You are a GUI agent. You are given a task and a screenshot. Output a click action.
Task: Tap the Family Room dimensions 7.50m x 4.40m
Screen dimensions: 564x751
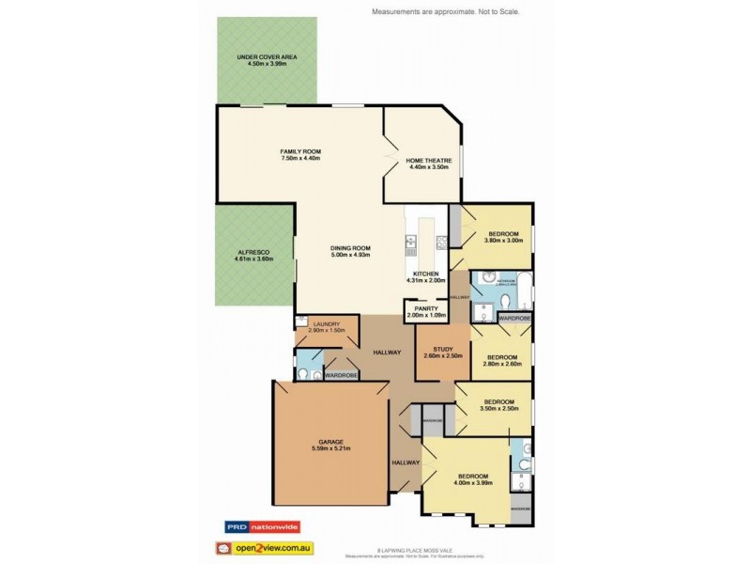300,159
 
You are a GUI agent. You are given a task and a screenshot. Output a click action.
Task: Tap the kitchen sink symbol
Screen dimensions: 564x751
410,243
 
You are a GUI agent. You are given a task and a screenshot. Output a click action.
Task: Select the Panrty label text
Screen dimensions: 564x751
421,307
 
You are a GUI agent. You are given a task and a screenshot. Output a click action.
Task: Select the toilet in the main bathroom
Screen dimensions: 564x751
506,299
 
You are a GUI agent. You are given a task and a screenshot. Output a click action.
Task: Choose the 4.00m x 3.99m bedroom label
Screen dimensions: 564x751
472,477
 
